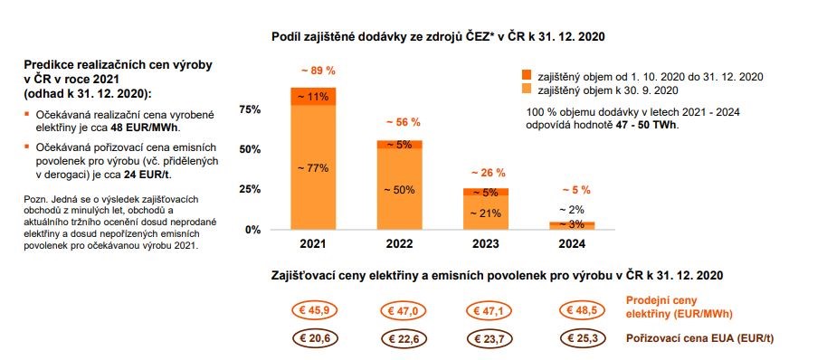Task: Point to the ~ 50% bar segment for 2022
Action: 400,189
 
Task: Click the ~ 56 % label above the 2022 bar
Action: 400,122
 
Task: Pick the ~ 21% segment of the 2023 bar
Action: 486,213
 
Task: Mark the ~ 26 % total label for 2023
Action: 486,172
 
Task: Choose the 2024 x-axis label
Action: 572,245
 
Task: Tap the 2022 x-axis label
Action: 400,245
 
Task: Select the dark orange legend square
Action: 528,76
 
